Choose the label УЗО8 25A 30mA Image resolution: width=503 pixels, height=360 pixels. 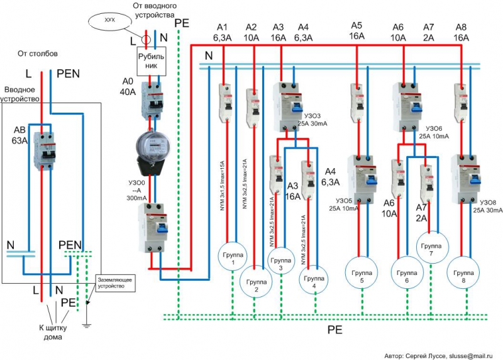(x=485, y=206)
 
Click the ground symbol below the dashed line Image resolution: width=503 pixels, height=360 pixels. (x=87, y=325)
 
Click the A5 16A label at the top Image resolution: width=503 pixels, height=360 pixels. (x=357, y=31)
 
